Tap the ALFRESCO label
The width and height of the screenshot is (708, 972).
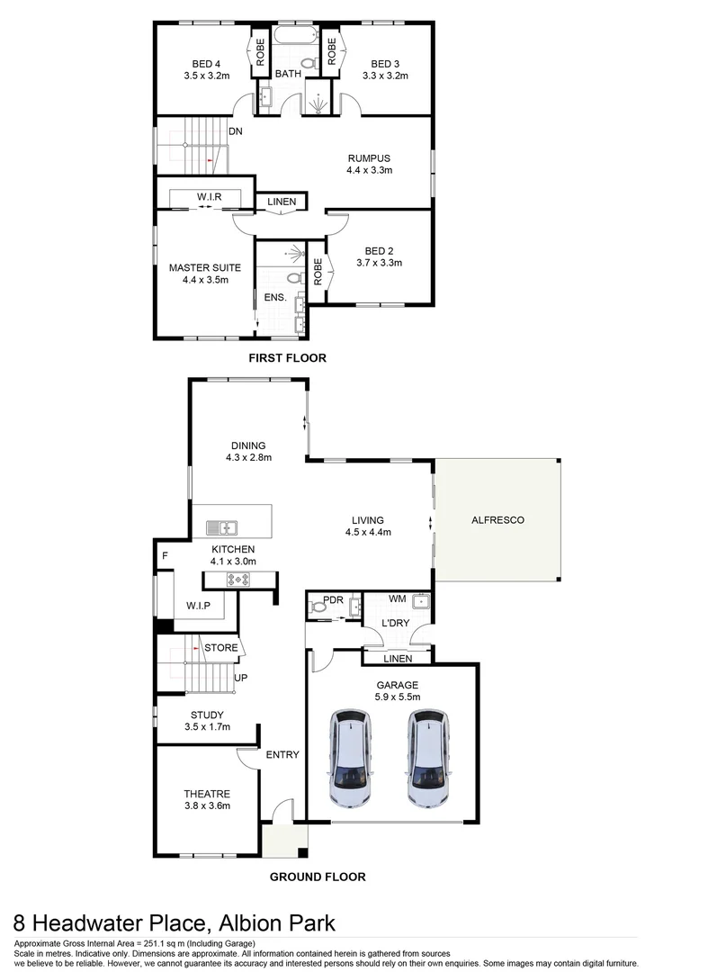click(x=497, y=520)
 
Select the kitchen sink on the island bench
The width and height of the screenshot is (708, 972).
click(x=220, y=528)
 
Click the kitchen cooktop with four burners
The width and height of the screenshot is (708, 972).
click(x=241, y=579)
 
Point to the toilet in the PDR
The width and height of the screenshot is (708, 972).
click(x=318, y=608)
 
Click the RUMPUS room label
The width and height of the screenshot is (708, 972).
click(x=369, y=157)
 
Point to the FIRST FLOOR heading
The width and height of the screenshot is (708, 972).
click(x=287, y=358)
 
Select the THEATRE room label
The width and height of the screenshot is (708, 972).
click(x=207, y=794)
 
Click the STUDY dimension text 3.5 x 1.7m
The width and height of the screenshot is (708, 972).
click(x=207, y=726)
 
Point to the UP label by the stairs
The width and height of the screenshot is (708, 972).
click(x=240, y=678)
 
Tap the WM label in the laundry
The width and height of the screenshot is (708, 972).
click(x=397, y=598)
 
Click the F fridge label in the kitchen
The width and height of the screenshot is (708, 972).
click(x=165, y=556)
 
